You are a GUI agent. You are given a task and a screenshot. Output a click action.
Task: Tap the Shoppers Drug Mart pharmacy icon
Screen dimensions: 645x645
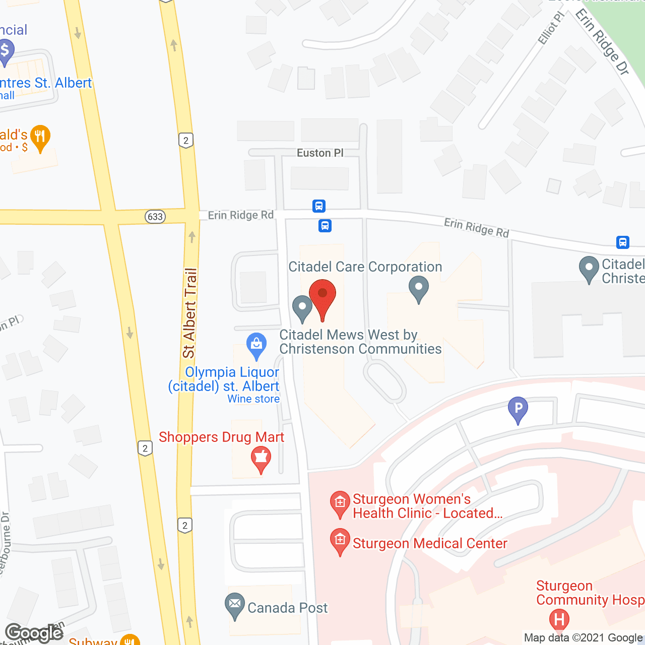[x=261, y=458]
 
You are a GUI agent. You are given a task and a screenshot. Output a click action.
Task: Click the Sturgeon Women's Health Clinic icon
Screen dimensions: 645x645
[x=340, y=503]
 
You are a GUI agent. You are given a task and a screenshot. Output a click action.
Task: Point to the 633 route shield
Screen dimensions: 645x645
[x=155, y=217]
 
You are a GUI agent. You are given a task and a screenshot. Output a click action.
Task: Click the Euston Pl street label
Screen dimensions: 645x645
[x=320, y=153]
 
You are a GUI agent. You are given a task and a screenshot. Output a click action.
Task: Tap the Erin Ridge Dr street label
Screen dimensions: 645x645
[x=603, y=42]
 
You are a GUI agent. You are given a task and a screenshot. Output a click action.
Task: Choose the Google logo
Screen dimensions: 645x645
[x=34, y=633]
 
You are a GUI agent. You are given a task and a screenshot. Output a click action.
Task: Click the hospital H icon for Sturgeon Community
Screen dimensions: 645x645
[x=559, y=619]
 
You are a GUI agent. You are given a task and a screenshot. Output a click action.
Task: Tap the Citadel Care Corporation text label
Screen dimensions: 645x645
[x=365, y=267]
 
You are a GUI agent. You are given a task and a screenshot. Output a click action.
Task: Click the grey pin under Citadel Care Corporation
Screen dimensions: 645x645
[x=418, y=289]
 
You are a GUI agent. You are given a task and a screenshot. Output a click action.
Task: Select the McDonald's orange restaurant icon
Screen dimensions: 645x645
[x=40, y=137]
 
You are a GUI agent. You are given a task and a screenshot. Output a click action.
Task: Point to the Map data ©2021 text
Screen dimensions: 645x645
[x=583, y=638]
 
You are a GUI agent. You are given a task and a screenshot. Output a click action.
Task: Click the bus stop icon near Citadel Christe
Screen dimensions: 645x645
[x=623, y=242]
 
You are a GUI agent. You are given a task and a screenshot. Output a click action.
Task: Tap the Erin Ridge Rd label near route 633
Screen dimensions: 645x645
[x=241, y=215]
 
